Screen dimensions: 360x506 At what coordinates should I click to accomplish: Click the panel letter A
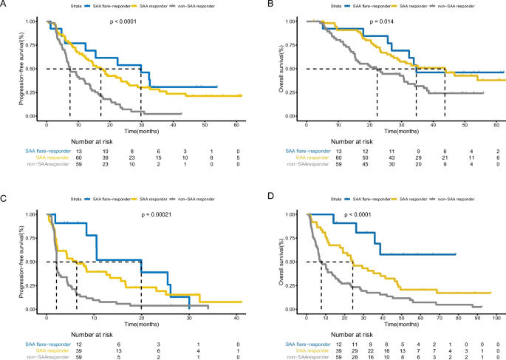4,5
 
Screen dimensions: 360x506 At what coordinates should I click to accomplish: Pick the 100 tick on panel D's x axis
498,316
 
